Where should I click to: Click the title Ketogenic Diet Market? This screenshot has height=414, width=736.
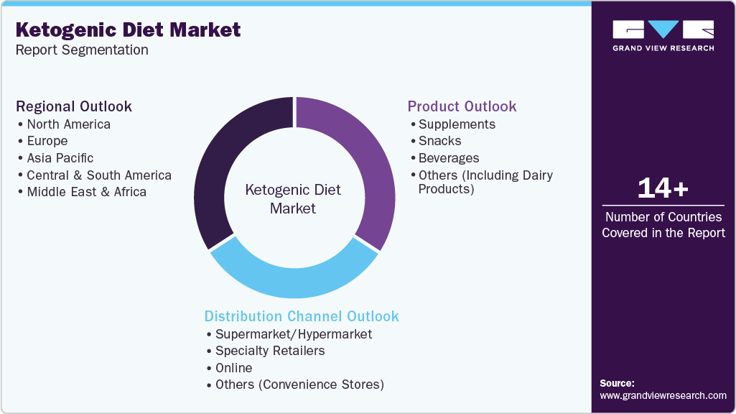[x=128, y=30]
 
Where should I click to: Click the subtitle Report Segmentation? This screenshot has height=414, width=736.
[x=82, y=50]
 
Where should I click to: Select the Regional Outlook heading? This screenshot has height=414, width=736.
[x=74, y=106]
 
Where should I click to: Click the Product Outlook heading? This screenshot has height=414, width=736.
[x=462, y=106]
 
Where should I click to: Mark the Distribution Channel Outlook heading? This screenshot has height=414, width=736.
[x=302, y=316]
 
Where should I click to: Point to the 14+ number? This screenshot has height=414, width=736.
[x=663, y=189]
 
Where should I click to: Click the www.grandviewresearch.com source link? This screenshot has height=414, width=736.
[x=663, y=395]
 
